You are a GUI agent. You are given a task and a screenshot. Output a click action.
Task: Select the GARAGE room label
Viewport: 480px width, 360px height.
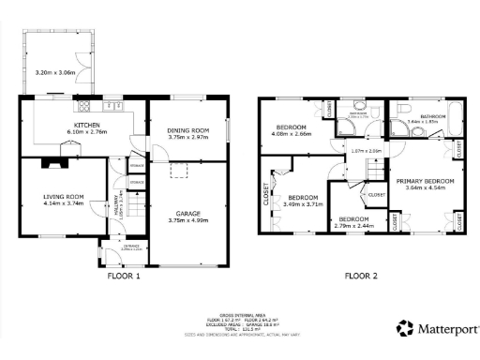click(x=186, y=213)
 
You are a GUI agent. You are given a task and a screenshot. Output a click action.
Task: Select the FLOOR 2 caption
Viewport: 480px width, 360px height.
click(x=361, y=276)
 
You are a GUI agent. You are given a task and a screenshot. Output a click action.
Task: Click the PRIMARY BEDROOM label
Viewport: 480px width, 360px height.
click(x=425, y=180)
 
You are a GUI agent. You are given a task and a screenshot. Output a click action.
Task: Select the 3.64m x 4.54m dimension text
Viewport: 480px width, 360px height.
click(x=425, y=187)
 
